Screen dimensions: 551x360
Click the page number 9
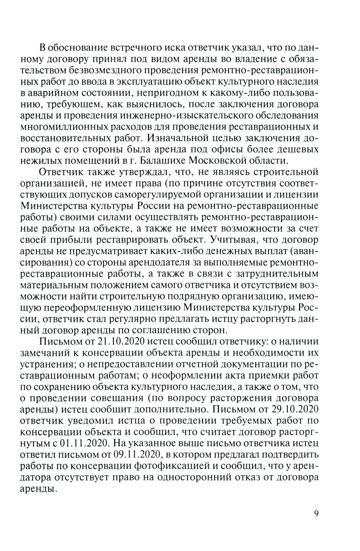tap(316, 514)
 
